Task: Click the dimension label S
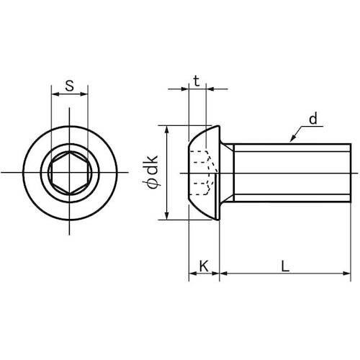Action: coord(69,86)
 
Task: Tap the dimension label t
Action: coord(197,81)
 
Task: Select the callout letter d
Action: coord(313,119)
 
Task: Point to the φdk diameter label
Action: coord(152,172)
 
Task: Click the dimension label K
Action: coord(204,266)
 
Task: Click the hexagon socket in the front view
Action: coord(70,172)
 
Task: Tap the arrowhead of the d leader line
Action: coord(292,139)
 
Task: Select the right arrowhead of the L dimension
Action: coord(347,273)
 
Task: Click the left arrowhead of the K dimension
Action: coord(192,273)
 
